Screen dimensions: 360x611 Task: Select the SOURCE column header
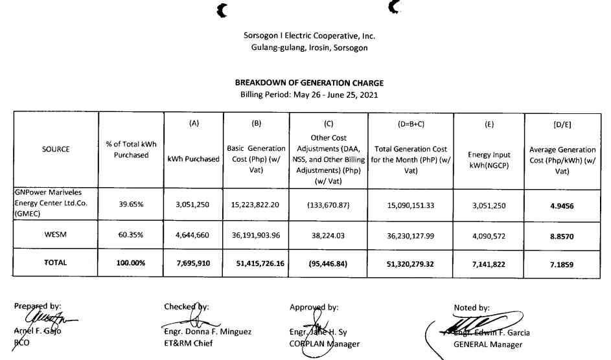point(56,149)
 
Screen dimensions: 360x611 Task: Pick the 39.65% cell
point(132,204)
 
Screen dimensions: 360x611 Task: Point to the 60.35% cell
point(132,237)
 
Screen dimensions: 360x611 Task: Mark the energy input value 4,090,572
point(490,237)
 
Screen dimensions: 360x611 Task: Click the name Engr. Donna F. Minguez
point(207,332)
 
